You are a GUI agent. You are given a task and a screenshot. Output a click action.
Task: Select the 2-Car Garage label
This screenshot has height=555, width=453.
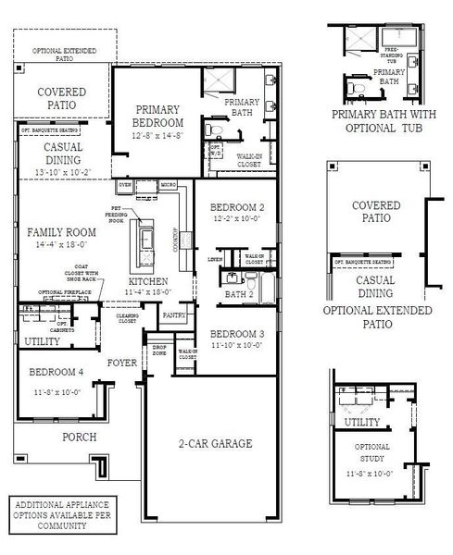coord(215,444)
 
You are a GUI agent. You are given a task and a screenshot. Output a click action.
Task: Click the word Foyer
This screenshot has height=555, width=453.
coord(122,363)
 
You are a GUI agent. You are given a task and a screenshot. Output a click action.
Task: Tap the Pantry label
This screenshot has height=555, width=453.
coord(173,314)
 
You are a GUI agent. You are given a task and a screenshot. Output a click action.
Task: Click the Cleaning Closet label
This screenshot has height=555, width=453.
coord(127,318)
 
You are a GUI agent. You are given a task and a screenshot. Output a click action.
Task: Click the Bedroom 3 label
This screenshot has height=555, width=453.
coord(237,335)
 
